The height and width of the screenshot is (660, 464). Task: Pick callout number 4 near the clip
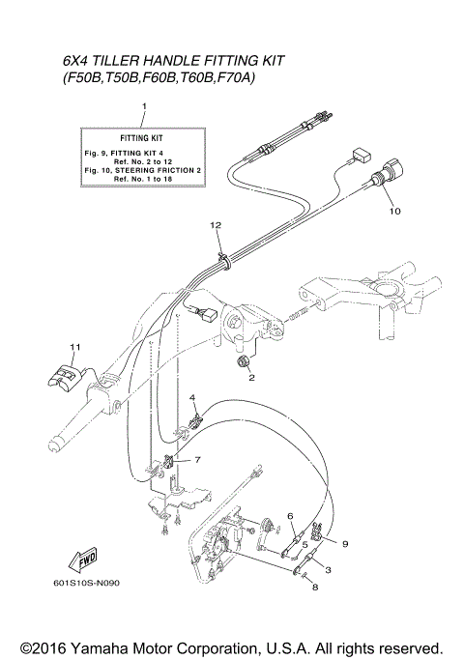192,398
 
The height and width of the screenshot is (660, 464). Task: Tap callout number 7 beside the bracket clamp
197,459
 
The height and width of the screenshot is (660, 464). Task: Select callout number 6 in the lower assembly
289,517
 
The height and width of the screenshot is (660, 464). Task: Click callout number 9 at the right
344,543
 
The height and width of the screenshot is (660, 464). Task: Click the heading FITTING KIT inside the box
144,138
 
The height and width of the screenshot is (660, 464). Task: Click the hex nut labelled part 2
244,362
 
